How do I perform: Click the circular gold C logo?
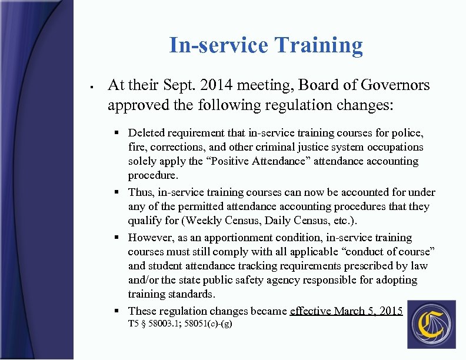click(x=431, y=324)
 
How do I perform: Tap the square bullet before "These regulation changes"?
click(x=118, y=311)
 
